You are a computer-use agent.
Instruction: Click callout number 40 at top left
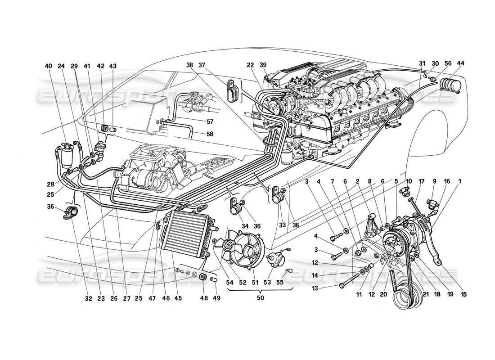pos(48,66)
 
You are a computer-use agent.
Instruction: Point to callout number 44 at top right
pos(459,63)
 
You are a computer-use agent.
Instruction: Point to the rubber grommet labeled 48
pos(202,276)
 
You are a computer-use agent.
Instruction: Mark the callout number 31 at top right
pos(422,63)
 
